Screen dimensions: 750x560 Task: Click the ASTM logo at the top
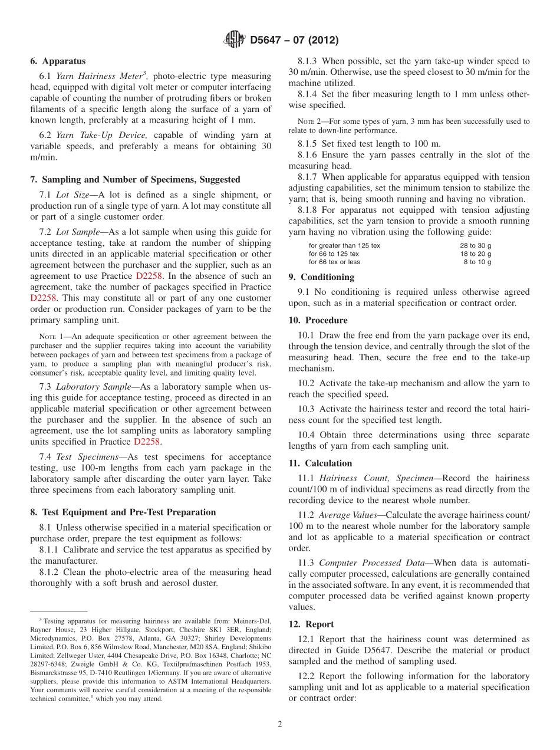[235, 40]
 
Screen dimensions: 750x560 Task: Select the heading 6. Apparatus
[58, 61]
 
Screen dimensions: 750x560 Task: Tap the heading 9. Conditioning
[321, 277]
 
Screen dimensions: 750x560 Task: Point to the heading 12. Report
[311, 624]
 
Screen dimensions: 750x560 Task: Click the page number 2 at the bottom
[280, 724]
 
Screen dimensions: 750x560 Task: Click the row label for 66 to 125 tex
[334, 254]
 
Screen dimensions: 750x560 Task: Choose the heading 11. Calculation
[320, 463]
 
